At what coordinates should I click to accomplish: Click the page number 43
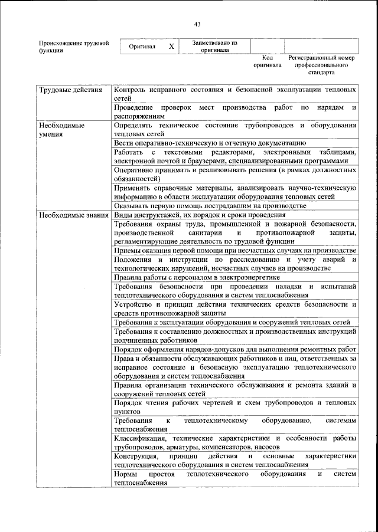click(x=197, y=24)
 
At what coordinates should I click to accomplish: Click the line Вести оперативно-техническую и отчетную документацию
click(x=209, y=143)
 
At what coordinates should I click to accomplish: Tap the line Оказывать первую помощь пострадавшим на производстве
click(x=210, y=205)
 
